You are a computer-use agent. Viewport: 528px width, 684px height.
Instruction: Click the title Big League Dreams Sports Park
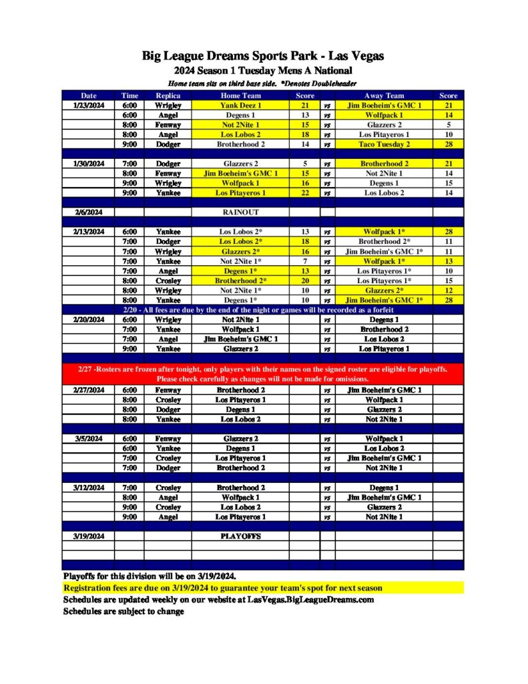(262, 55)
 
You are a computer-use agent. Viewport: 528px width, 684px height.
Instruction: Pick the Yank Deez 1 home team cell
(240, 106)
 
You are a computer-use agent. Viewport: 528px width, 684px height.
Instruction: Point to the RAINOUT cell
(240, 212)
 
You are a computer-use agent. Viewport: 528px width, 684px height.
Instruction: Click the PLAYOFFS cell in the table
(240, 536)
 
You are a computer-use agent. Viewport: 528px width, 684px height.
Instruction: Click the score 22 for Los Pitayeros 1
(305, 193)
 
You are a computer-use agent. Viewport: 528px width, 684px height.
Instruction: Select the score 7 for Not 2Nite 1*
(305, 261)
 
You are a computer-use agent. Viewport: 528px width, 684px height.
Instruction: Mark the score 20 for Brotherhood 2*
(305, 281)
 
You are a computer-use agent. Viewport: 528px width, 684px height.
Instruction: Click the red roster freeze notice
(262, 374)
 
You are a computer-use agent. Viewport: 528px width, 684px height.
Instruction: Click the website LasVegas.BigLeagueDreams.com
(310, 599)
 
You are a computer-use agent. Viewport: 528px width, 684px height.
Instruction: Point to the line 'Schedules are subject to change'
(123, 611)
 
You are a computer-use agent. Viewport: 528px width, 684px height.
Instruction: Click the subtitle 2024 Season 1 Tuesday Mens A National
(262, 70)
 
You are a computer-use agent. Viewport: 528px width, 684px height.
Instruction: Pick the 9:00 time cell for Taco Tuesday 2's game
(129, 144)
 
